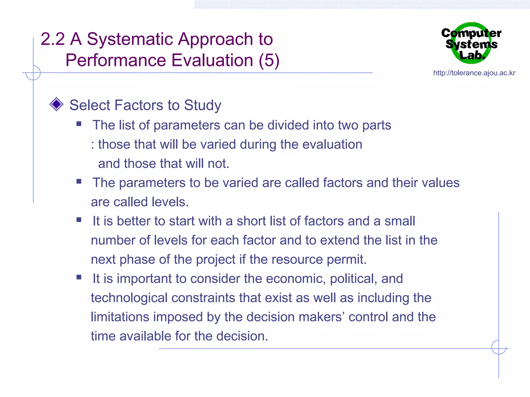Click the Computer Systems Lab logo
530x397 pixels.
click(471, 43)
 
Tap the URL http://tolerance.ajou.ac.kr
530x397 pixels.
click(474, 73)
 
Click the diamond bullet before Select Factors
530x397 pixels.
click(56, 104)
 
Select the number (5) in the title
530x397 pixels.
click(269, 60)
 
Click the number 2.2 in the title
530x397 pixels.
click(53, 39)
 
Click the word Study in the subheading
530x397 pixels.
click(202, 105)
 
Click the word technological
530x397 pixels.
click(129, 298)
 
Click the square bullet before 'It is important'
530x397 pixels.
click(79, 278)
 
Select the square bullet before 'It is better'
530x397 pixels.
click(79, 220)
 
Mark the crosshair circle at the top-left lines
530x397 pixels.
click(33, 73)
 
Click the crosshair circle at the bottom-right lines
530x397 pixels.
click(499, 347)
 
